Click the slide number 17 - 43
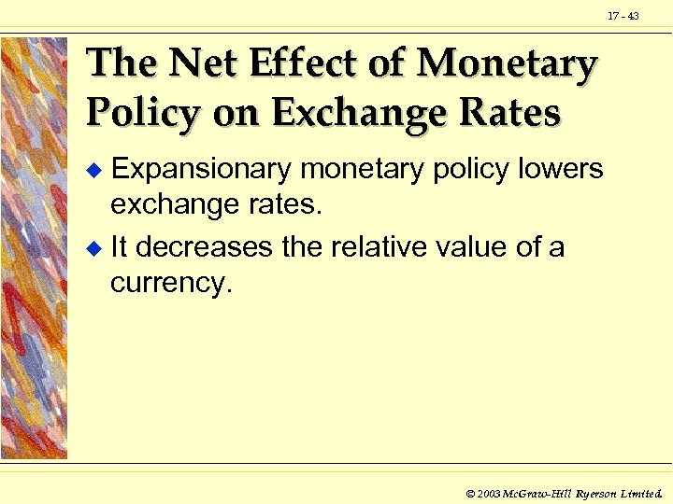click(x=623, y=17)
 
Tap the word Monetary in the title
click(x=507, y=64)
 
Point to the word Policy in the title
click(x=142, y=113)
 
